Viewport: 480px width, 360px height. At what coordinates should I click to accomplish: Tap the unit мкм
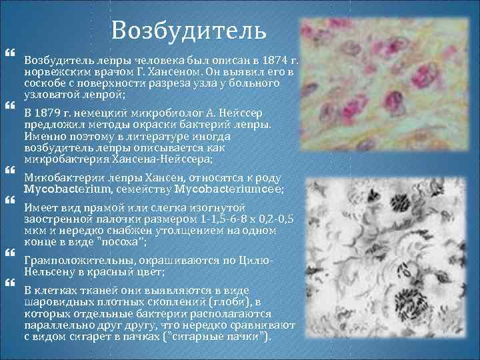(x=35, y=230)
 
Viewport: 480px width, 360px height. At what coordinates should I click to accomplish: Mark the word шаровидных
(x=57, y=302)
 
